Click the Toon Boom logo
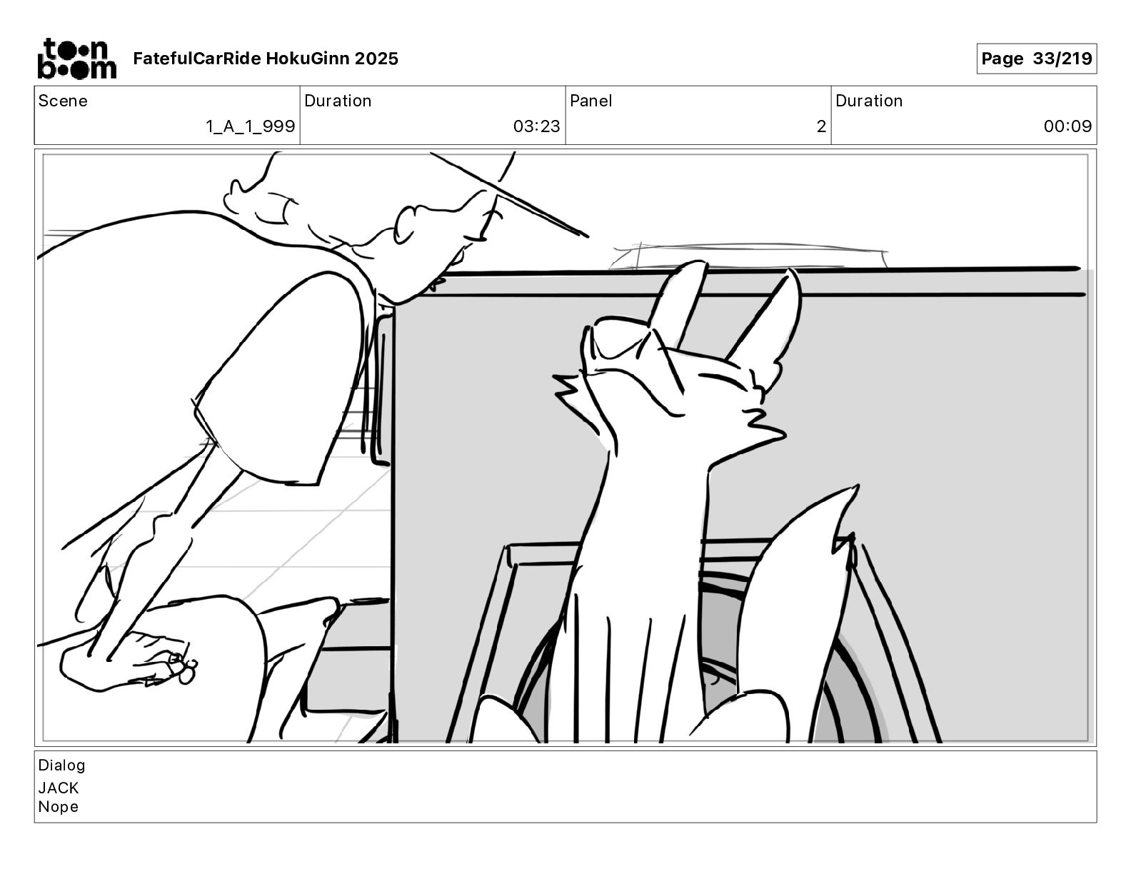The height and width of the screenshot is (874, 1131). (76, 59)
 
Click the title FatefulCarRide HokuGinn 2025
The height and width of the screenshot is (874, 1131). (266, 59)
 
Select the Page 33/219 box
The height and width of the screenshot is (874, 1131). (1036, 59)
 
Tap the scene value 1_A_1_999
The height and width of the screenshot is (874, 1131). (250, 126)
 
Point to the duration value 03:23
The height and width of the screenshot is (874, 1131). (536, 126)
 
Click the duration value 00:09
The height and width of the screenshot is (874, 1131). (1067, 126)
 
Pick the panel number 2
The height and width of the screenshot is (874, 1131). (821, 126)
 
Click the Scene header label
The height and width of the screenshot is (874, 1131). (63, 101)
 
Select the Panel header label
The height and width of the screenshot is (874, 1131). (590, 101)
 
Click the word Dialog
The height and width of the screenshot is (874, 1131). (61, 765)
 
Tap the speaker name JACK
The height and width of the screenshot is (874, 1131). (59, 788)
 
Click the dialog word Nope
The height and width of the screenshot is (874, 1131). (59, 807)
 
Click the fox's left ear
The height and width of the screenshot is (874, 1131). (678, 300)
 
